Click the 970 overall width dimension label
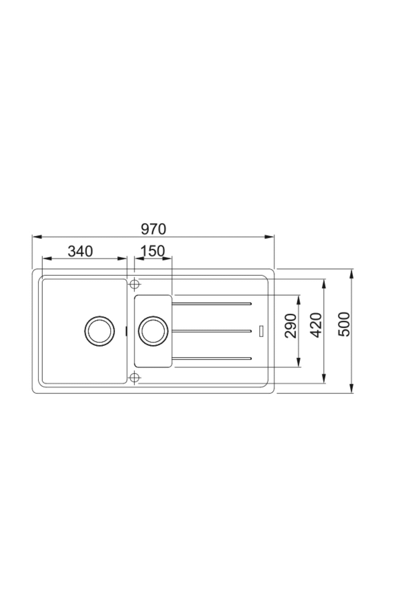[153, 229]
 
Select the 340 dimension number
[80, 251]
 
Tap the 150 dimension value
[153, 251]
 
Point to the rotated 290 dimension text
[291, 325]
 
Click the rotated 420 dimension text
[317, 325]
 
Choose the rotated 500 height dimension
[344, 324]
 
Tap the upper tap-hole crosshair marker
[134, 284]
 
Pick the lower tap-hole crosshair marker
[134, 377]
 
